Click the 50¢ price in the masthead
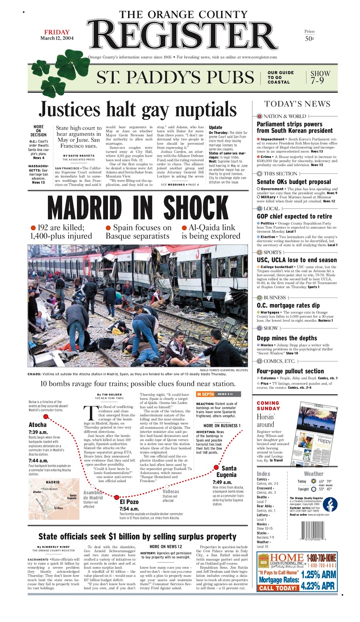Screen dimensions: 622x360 pos(309,39)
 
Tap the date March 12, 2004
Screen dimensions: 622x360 pos(57,38)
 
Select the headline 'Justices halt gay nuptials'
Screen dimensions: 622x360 pos(138,110)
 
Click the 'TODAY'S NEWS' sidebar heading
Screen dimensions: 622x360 pos(297,104)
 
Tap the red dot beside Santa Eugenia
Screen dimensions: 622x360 pos(216,467)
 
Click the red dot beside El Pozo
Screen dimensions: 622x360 pos(116,498)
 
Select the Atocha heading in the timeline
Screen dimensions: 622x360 pos(38,425)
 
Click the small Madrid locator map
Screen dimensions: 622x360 pos(54,499)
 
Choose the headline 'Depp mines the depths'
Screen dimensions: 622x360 pos(287,338)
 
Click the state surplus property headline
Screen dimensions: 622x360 pos(137,536)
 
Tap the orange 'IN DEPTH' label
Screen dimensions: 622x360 pos(206,394)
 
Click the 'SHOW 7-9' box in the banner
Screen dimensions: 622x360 pos(320,77)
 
